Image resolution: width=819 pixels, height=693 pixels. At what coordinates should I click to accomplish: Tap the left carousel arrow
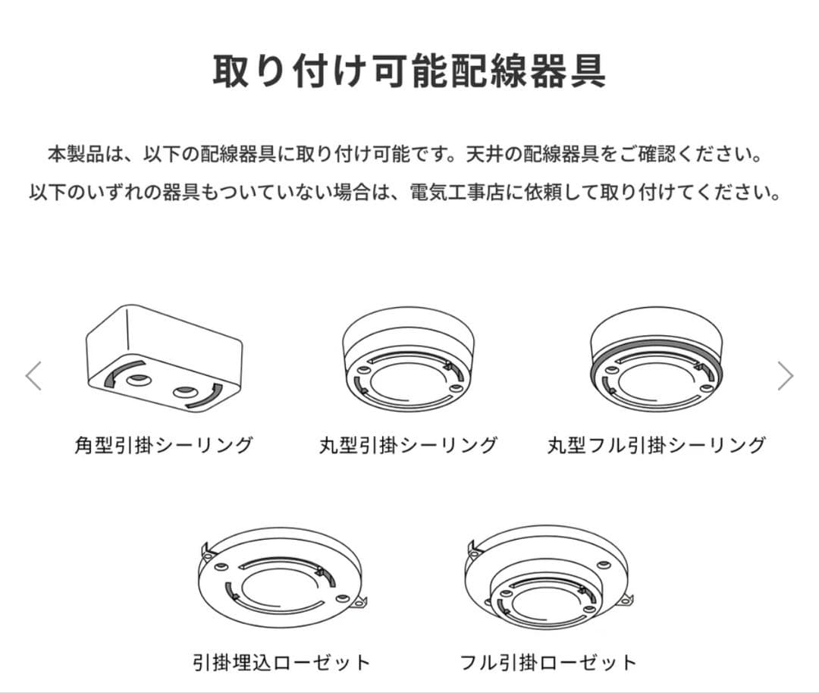pyautogui.click(x=33, y=375)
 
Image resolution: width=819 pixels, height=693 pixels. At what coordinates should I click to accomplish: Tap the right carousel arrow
pyautogui.click(x=786, y=375)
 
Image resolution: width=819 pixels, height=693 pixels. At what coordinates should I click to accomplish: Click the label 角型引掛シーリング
pyautogui.click(x=164, y=445)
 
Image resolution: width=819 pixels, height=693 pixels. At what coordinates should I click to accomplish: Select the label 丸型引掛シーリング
pyautogui.click(x=409, y=445)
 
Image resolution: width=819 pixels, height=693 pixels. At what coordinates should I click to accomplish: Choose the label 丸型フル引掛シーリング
pyautogui.click(x=657, y=445)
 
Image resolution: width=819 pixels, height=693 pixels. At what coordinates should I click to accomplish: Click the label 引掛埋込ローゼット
pyautogui.click(x=281, y=662)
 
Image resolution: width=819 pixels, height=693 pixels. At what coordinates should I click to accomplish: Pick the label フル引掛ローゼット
pyautogui.click(x=548, y=662)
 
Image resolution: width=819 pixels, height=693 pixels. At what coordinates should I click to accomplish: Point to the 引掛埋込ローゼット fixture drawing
pyautogui.click(x=281, y=581)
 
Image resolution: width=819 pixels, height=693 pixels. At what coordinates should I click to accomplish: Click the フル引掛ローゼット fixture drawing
pyautogui.click(x=548, y=581)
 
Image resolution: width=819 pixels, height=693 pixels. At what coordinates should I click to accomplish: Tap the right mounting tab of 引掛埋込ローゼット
pyautogui.click(x=360, y=604)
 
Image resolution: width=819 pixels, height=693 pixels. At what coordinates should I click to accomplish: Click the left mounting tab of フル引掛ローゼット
pyautogui.click(x=473, y=547)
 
